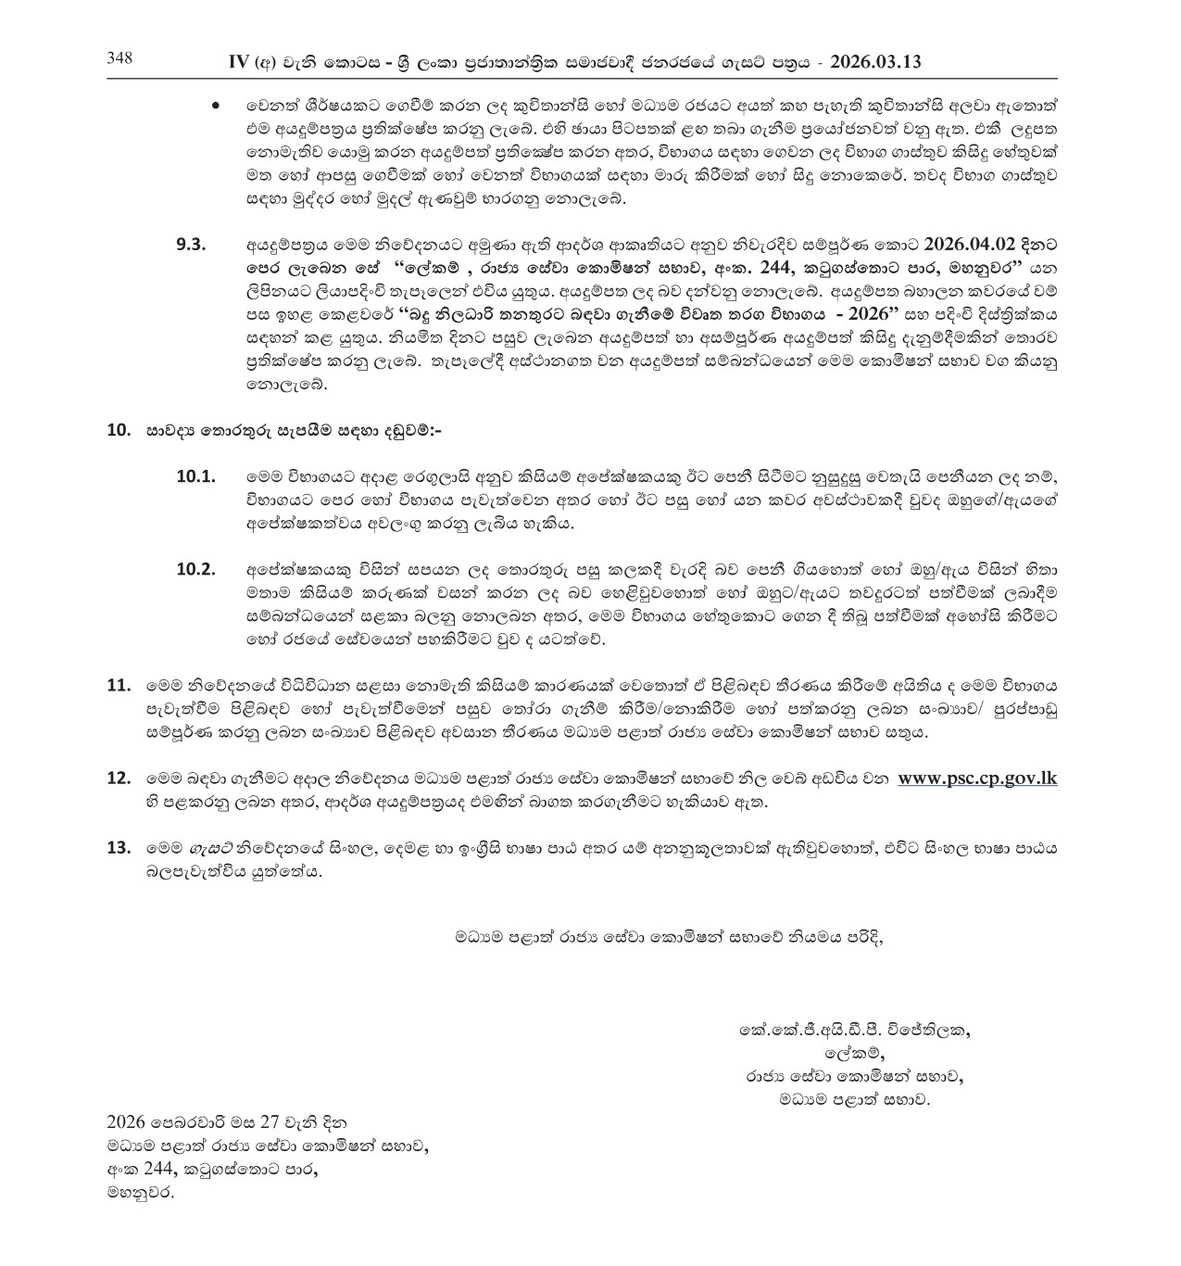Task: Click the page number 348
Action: [x=119, y=58]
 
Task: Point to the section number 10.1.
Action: [x=195, y=476]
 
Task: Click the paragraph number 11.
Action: [x=119, y=686]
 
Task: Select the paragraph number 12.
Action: [x=119, y=778]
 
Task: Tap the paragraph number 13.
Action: [x=119, y=847]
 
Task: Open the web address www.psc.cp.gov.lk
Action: [x=977, y=778]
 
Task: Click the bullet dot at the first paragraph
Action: [x=216, y=106]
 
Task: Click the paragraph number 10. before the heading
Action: [x=119, y=430]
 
